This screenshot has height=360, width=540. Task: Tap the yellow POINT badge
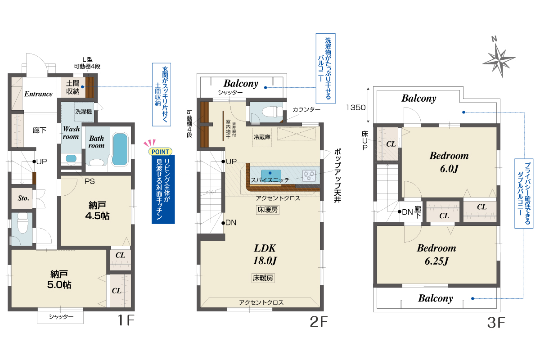160,152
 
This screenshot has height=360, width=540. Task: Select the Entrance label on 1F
38,94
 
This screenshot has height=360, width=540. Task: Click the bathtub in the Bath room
120,149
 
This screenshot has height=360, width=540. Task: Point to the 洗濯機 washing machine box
83,112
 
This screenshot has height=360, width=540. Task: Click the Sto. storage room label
23,198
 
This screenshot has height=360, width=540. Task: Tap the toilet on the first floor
22,223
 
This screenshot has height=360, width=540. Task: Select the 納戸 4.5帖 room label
97,211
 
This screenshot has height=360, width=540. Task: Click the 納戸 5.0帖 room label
59,279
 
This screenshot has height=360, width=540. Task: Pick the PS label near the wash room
90,181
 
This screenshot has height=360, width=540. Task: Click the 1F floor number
126,320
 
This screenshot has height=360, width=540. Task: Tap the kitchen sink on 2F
271,174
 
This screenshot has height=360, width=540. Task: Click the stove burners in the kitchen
309,175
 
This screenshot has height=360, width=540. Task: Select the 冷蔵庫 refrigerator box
262,137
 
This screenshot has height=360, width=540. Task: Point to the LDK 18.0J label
265,254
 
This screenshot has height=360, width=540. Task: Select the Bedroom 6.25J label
436,254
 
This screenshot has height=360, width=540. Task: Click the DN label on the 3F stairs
407,212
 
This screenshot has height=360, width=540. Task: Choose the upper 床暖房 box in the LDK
268,210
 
